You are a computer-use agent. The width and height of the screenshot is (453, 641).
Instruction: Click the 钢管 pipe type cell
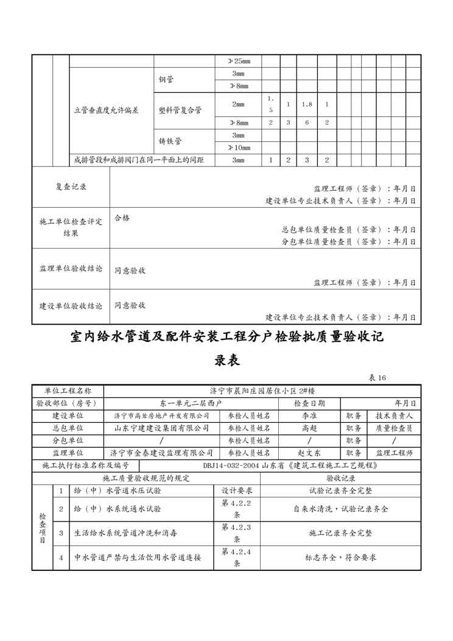pos(166,79)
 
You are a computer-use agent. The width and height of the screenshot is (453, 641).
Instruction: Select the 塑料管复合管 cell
pos(180,110)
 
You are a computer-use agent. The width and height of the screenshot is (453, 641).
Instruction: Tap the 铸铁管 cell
pos(170,141)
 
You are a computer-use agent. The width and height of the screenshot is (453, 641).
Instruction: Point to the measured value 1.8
pos(307,104)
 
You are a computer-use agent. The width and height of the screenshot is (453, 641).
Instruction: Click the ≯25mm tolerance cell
pos(238,61)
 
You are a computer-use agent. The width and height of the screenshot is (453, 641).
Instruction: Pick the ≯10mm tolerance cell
pos(238,147)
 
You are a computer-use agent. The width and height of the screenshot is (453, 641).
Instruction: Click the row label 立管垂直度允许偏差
pos(106,110)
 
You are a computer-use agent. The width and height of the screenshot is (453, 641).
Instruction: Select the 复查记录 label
pos(71,187)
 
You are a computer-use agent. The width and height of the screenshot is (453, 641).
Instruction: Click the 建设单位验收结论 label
pos(71,305)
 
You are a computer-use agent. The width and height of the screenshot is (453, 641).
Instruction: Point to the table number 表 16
pos(377,378)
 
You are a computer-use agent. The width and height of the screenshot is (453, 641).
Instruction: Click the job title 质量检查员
pos(395,428)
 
